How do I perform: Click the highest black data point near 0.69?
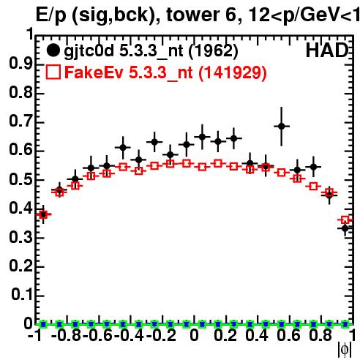282,126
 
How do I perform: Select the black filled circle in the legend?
53,50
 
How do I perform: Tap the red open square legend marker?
53,72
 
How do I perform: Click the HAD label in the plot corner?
327,50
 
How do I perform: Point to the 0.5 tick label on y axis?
20,179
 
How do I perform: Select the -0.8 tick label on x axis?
67,335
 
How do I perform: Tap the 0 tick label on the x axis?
194,335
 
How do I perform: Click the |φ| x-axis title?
345,350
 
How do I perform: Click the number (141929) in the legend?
233,72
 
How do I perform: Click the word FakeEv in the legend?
94,72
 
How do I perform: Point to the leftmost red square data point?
43,214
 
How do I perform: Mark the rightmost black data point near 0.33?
345,228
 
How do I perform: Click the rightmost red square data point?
345,220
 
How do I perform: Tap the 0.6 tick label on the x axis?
288,335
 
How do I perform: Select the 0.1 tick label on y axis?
21,295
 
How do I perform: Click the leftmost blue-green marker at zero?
43,324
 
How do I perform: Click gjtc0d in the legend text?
89,51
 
